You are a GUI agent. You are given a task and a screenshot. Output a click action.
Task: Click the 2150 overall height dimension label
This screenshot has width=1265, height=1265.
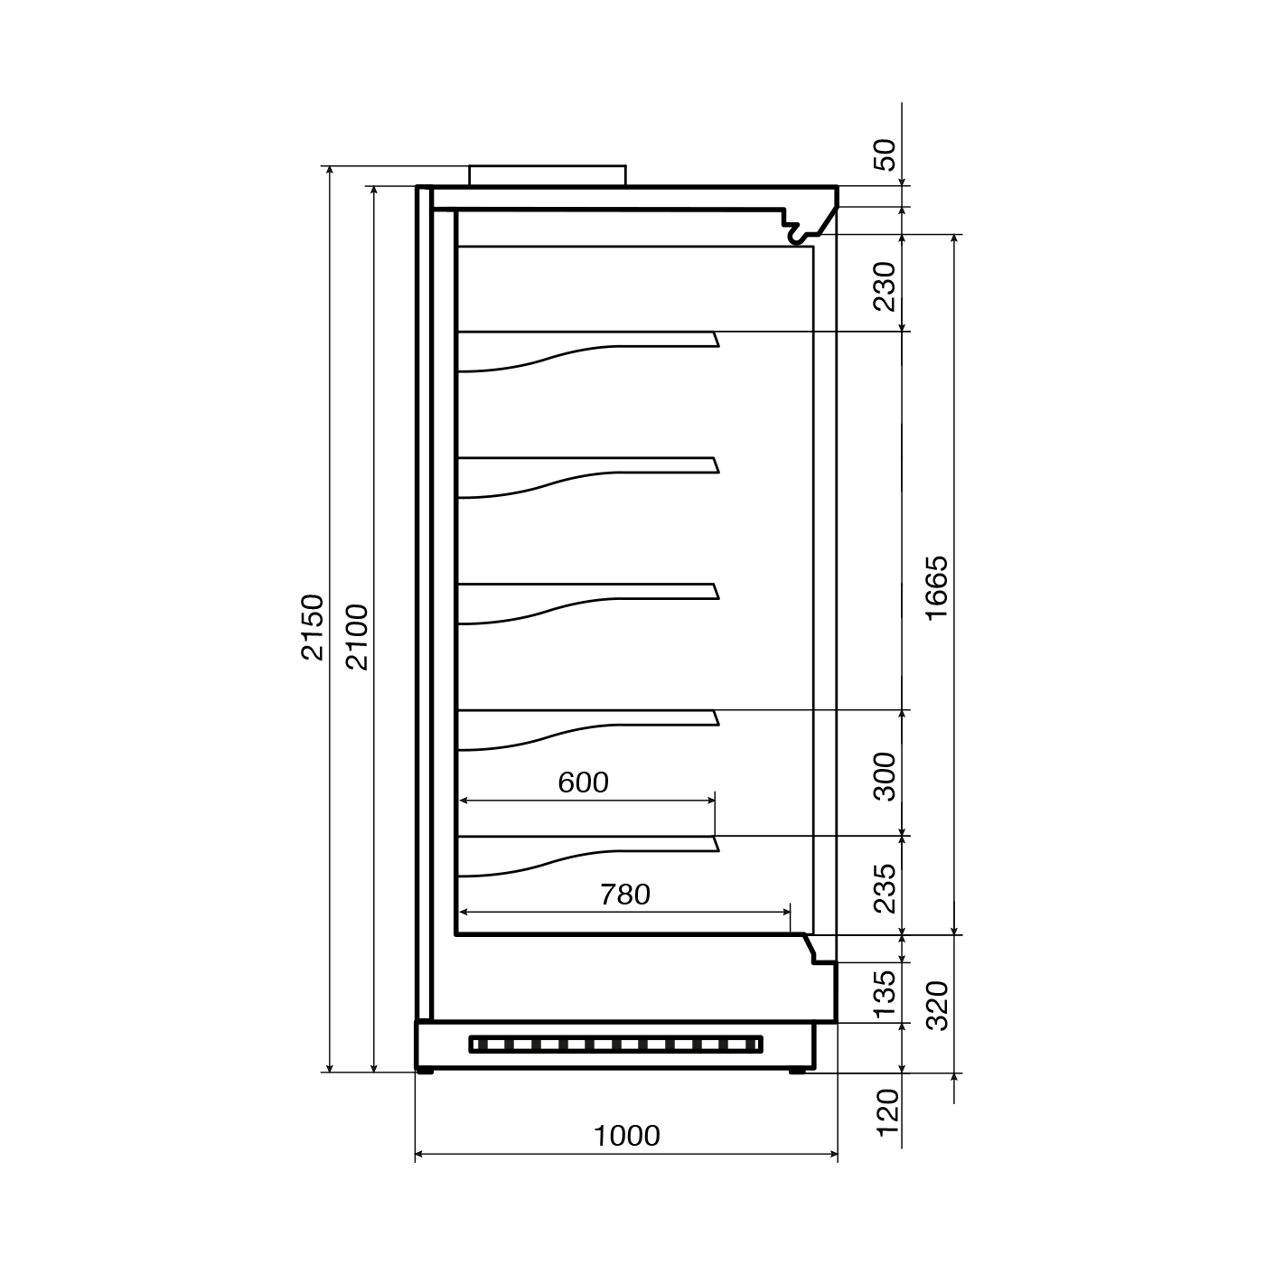click(x=313, y=627)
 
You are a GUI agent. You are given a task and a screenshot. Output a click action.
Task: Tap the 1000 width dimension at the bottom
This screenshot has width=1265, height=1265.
click(x=626, y=1136)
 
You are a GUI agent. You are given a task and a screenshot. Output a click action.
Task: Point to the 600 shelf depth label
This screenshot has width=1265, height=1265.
click(x=583, y=782)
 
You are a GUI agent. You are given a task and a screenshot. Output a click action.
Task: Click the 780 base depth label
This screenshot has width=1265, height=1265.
click(x=625, y=895)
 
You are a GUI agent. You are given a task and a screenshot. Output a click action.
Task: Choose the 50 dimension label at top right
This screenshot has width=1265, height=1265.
click(x=886, y=155)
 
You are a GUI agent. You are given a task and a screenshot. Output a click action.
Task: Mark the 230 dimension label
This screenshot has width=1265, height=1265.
click(x=885, y=286)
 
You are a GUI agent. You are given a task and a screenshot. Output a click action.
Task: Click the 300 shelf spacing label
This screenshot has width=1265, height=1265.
click(x=885, y=776)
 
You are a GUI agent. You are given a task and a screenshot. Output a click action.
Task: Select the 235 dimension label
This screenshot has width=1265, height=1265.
click(x=885, y=888)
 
